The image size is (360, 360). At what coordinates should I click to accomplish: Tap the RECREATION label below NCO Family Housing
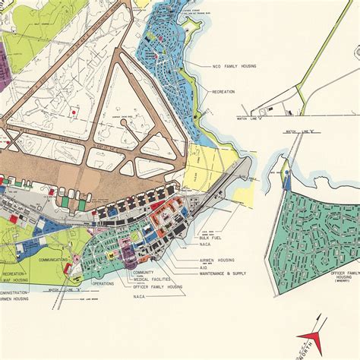click(224, 92)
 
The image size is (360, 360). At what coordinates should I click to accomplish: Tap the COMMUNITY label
click(144, 273)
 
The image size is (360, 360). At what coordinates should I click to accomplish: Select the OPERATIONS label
click(104, 283)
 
